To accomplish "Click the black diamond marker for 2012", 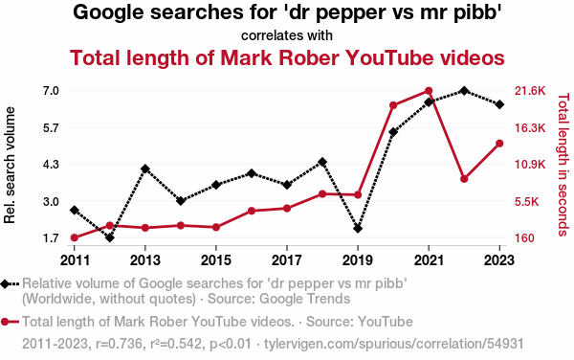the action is (x=110, y=237).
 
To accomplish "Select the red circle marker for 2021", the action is (x=429, y=91).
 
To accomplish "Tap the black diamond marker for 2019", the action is (x=358, y=229).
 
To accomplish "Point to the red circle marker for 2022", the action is (x=464, y=179).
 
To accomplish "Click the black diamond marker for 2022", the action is (x=464, y=90).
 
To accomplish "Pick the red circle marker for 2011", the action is (x=75, y=237).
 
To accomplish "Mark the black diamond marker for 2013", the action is (x=145, y=169).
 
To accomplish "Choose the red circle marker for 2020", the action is (x=393, y=105).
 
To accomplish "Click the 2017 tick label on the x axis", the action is (x=287, y=260).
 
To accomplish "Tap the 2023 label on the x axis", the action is (x=499, y=260).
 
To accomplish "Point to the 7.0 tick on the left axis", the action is (x=52, y=91).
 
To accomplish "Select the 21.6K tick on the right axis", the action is (x=530, y=91).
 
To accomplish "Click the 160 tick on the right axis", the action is (x=524, y=238).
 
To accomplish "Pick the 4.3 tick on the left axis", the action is (x=52, y=164).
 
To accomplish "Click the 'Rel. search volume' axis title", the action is (x=10, y=166).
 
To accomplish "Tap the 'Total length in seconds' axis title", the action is (x=563, y=165).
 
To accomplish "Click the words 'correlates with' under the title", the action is (x=287, y=35).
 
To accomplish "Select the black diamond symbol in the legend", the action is (x=5, y=283).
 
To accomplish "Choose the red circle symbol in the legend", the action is (x=5, y=322).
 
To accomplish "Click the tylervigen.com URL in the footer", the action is (x=394, y=344).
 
